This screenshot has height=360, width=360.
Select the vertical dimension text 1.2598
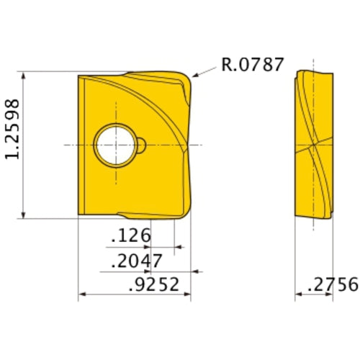[16, 143]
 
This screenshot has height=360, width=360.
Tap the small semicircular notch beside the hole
[143, 145]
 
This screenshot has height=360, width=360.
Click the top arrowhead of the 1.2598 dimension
[24, 74]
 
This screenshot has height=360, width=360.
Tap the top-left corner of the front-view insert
[78, 73]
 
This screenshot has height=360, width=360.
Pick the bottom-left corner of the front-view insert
[78, 215]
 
